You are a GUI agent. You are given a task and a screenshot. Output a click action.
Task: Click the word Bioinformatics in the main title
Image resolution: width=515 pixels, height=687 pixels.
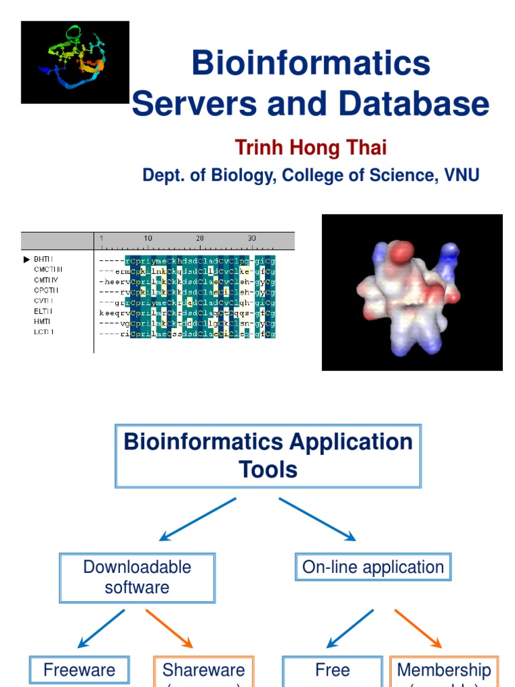(x=310, y=64)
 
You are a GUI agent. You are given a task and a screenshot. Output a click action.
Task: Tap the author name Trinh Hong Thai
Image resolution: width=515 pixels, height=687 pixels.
(x=310, y=147)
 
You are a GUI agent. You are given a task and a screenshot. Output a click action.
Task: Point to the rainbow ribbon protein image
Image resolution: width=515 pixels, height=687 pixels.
(x=74, y=62)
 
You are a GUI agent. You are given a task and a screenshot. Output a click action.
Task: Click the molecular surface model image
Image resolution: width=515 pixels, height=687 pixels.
(x=412, y=292)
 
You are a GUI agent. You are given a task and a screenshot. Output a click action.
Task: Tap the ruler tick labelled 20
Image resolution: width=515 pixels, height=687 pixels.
(x=200, y=239)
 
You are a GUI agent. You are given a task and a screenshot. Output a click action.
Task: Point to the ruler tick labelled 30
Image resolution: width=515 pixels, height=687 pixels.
(x=251, y=239)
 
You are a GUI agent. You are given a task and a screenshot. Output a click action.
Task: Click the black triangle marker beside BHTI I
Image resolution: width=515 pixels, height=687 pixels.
(x=27, y=258)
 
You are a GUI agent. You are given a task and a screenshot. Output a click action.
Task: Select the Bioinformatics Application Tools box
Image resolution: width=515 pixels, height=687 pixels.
(x=268, y=456)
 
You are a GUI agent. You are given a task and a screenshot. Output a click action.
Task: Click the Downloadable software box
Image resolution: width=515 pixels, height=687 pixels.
(x=137, y=577)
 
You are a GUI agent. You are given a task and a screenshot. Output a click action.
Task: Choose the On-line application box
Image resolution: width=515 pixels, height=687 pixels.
(x=373, y=567)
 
